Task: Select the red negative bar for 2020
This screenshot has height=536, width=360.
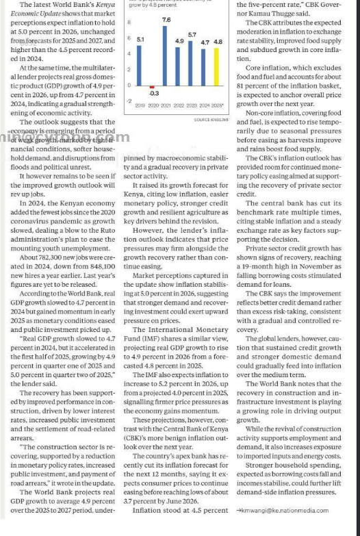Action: (x=152, y=88)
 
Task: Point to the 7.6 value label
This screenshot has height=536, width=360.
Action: (x=166, y=21)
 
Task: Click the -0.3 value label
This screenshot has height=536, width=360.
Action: (x=154, y=93)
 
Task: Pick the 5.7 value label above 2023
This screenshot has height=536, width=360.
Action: (x=192, y=34)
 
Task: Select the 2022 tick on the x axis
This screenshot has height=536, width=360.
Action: (x=179, y=105)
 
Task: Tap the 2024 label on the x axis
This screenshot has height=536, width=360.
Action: (x=205, y=105)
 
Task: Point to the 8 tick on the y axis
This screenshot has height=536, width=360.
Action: (x=128, y=23)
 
